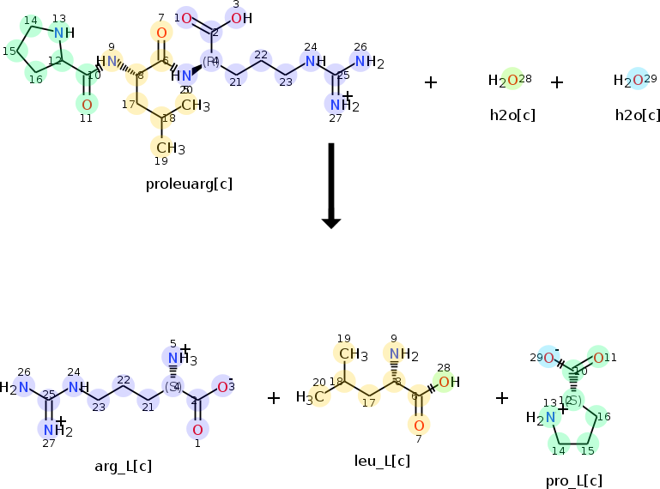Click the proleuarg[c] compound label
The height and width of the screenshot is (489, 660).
tap(189, 184)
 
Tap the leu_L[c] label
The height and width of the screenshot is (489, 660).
tap(382, 461)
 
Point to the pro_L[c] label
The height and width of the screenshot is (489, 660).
tap(573, 480)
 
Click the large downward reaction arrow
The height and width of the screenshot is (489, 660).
tap(331, 184)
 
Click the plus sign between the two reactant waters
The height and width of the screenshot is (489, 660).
tap(556, 82)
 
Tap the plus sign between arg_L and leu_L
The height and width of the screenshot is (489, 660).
tap(274, 398)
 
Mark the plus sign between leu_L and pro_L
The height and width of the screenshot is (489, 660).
tap(502, 398)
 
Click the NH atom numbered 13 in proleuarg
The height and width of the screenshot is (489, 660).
tap(62, 33)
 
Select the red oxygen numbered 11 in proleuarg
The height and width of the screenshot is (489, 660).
tap(86, 105)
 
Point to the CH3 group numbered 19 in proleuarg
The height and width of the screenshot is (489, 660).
tap(168, 148)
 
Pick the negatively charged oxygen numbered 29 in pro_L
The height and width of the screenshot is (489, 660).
tap(542, 358)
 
